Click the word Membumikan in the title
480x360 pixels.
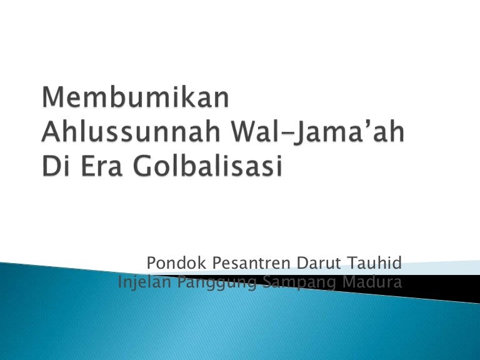(x=135, y=97)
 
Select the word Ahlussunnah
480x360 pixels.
(x=131, y=132)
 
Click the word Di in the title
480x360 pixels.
(x=55, y=166)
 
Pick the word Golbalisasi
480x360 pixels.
(x=207, y=166)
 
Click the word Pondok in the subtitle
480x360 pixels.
(x=177, y=262)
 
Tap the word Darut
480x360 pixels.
(x=318, y=262)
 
